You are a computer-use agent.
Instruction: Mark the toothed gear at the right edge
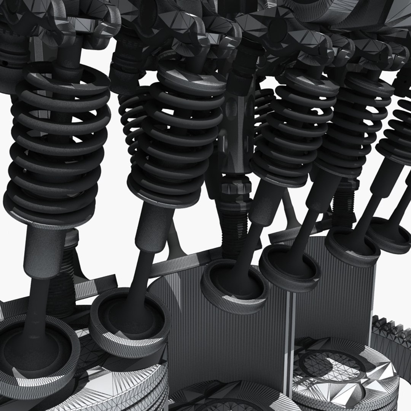pos(392,335)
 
